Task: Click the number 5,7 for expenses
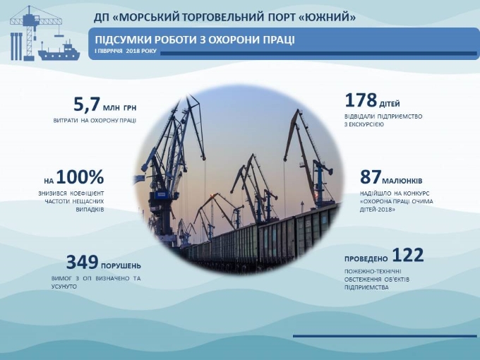[x=87, y=104]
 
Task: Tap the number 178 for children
[x=361, y=100]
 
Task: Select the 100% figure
[x=80, y=176]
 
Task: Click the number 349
[x=82, y=262]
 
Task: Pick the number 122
[x=408, y=255]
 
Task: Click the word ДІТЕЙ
[x=390, y=104]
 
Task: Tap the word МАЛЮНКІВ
[x=402, y=181]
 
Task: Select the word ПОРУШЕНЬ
[x=121, y=265]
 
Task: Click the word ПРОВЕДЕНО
[x=366, y=259]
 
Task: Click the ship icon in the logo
[x=59, y=52]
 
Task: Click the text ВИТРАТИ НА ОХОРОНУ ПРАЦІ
[x=95, y=121]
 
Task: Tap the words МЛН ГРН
[x=120, y=108]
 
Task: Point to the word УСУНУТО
[x=64, y=287]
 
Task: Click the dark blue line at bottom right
[x=385, y=336]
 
